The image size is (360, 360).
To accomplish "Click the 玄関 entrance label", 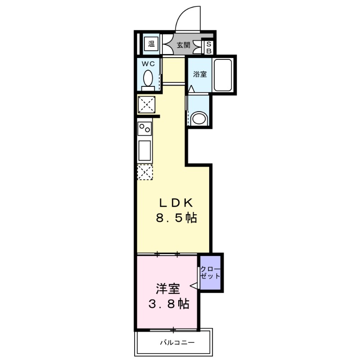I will [183, 45].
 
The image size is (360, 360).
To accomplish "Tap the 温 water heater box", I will [152, 44].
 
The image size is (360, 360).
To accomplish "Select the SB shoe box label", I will [209, 48].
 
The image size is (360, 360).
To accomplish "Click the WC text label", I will [148, 64].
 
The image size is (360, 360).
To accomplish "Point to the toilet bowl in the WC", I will [148, 80].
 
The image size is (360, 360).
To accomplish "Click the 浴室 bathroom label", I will [199, 75].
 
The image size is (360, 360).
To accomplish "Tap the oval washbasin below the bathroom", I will [198, 119].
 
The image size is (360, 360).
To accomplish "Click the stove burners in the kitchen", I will [145, 130].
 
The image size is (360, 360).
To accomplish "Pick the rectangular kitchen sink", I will [145, 150].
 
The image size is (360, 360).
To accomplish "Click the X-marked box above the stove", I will [146, 105].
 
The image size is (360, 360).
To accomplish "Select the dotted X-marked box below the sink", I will [145, 172].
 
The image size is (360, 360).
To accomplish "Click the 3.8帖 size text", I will [169, 304].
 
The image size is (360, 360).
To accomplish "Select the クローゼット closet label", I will [211, 273].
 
